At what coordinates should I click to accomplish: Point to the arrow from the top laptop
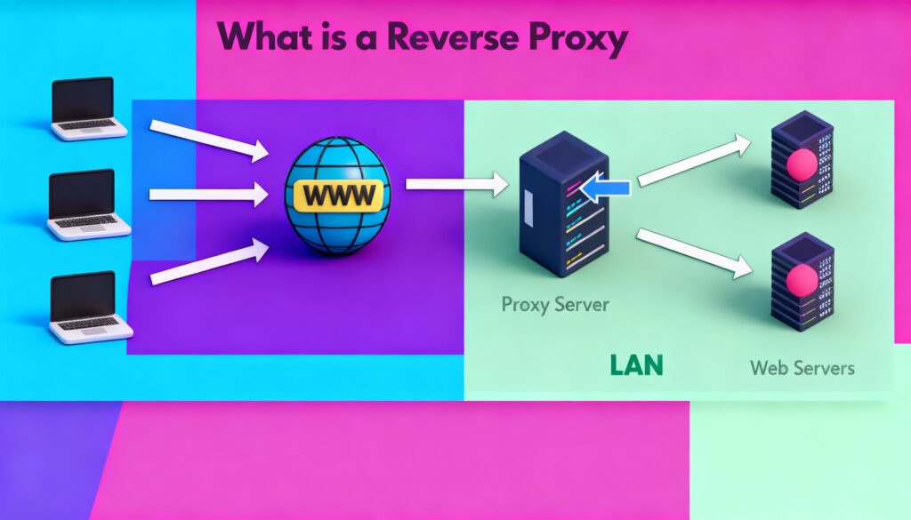(208, 140)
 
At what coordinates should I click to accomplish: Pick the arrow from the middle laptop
(208, 193)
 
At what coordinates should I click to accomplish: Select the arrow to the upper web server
(690, 159)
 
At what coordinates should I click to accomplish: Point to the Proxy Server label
(555, 304)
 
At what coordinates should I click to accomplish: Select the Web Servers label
(802, 366)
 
